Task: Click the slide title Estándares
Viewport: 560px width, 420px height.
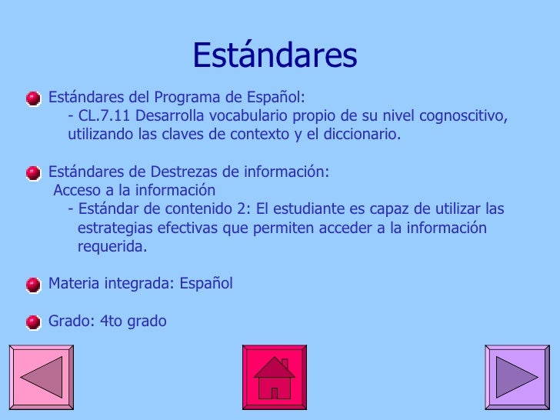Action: pos(275,55)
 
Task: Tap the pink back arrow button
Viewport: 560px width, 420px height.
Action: pos(42,377)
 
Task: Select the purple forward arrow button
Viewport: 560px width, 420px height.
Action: pos(517,377)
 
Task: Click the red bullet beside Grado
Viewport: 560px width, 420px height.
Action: pos(33,322)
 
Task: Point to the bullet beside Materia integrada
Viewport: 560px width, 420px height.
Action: pos(33,285)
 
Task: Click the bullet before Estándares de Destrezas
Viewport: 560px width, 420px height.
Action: pos(33,174)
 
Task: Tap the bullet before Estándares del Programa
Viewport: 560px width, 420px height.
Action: pos(33,98)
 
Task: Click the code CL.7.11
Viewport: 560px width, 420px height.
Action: pos(104,115)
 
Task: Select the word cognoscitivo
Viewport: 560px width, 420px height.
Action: pos(463,116)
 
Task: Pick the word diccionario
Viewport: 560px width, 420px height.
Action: pos(362,135)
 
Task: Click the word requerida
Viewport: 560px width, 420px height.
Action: pos(112,247)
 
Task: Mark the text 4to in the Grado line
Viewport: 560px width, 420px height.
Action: pos(111,321)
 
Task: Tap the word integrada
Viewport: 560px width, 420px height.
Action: pos(139,284)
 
